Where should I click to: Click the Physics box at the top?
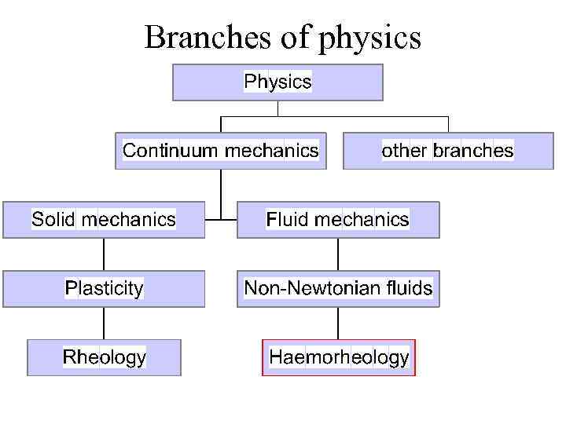[277, 82]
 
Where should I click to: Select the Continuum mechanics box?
[221, 151]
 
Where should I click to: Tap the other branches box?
[447, 151]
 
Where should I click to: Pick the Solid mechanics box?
[104, 219]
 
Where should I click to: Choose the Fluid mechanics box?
[338, 219]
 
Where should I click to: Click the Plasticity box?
[104, 288]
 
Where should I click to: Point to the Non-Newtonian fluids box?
[338, 288]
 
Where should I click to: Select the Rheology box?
[104, 357]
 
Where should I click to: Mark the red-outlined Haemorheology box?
[338, 357]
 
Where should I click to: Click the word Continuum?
[171, 151]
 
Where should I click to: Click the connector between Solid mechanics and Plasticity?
[104, 254]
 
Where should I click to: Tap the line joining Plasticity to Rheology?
[104, 323]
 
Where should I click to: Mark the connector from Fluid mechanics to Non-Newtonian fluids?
[338, 254]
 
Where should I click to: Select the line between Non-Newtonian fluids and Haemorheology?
[338, 323]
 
